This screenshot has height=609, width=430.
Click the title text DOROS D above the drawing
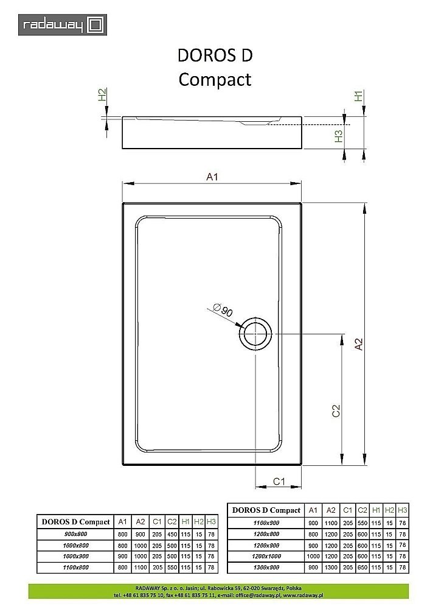[214, 55]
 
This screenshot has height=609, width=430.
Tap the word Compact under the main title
[214, 79]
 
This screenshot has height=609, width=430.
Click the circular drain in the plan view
[255, 334]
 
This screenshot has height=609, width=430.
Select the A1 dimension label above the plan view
[212, 177]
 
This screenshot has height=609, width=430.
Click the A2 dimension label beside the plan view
[359, 344]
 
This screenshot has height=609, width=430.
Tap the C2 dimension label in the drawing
[336, 412]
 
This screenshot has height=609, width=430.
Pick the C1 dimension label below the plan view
[279, 482]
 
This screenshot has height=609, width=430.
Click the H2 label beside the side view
[102, 95]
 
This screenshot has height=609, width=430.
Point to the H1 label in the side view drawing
[359, 96]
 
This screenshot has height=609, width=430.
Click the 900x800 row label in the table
[75, 534]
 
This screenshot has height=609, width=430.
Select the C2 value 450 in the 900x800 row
[172, 534]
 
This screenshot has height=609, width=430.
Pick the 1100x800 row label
[75, 568]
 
